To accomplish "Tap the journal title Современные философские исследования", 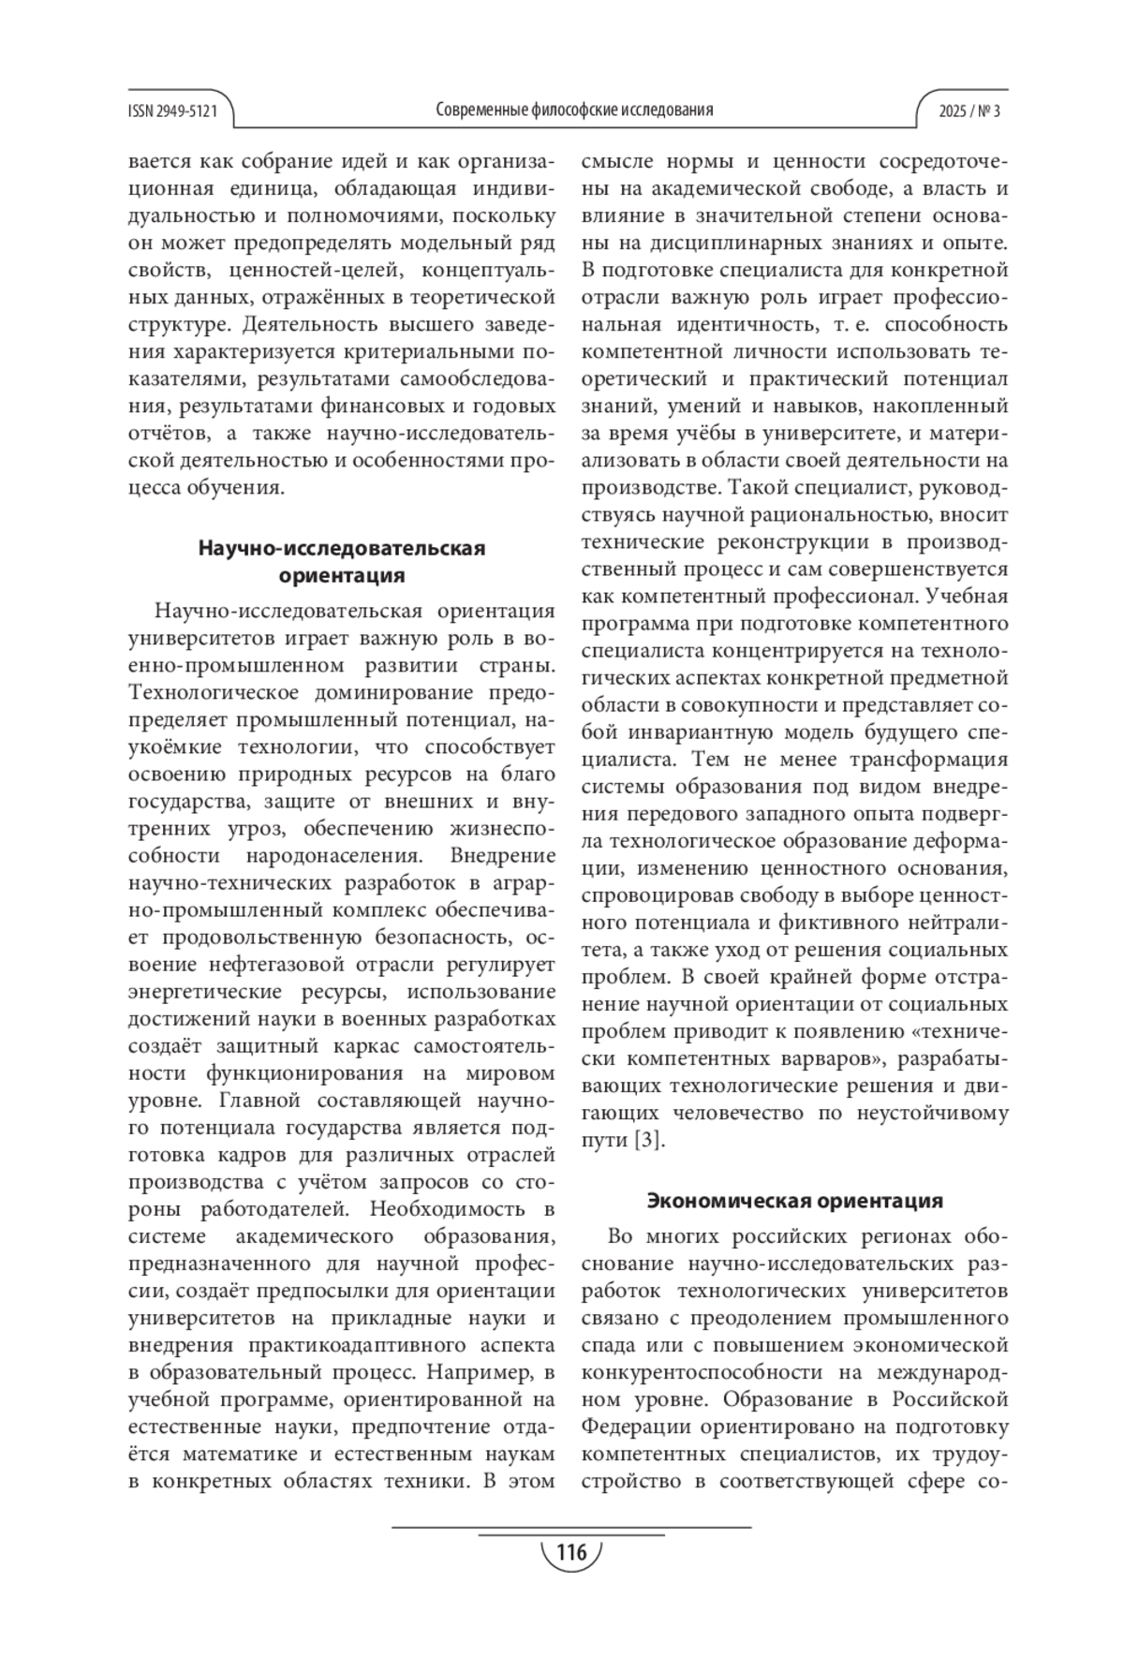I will [x=574, y=110].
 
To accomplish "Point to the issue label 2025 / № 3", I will [x=969, y=111].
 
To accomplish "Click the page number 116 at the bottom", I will [x=570, y=1553].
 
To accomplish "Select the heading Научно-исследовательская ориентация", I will [x=342, y=561].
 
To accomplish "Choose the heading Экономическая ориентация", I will [x=795, y=1200].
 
